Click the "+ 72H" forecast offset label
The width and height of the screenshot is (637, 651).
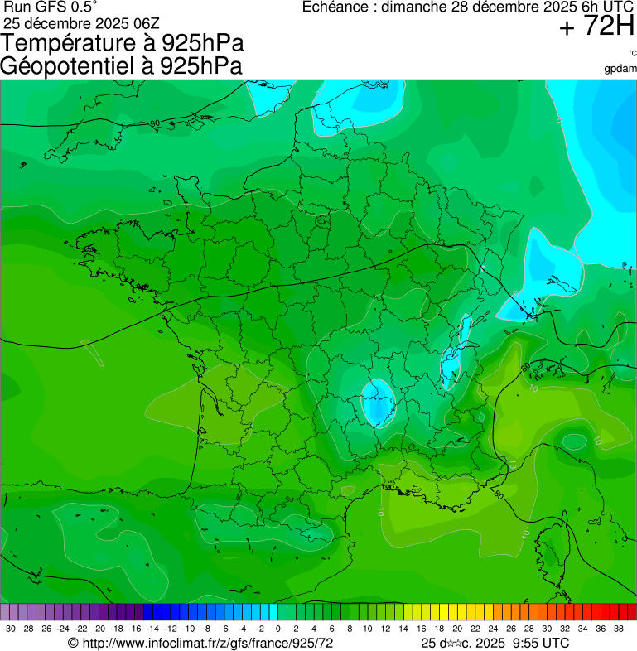(596, 27)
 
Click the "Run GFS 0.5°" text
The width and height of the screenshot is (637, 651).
(51, 7)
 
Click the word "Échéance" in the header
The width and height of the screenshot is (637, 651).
(336, 7)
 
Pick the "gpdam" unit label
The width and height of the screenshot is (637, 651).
(620, 68)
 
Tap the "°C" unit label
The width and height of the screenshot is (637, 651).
(632, 53)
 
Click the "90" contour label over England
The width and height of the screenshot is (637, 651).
(155, 123)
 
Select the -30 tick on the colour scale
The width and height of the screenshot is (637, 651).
(9, 629)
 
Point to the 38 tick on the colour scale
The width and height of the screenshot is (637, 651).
(618, 629)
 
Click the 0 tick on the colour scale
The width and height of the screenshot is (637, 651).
(277, 629)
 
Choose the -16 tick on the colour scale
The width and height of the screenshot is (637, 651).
(135, 629)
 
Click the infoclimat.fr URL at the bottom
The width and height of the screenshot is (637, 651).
(207, 643)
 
